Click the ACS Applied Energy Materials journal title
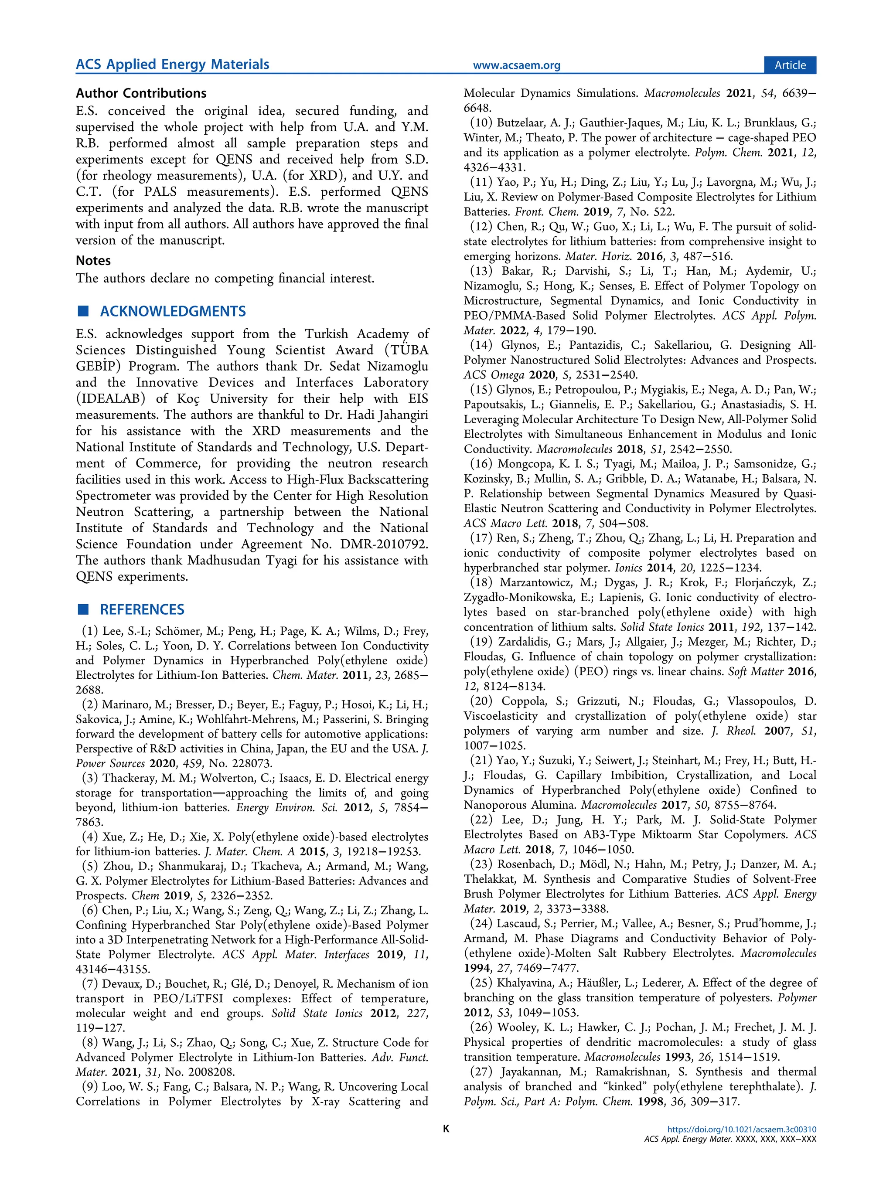pos(172,65)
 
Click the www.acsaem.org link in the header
pos(516,65)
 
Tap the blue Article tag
pos(790,65)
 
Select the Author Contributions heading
pos(141,93)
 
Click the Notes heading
pos(93,260)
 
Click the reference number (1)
pos(90,631)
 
